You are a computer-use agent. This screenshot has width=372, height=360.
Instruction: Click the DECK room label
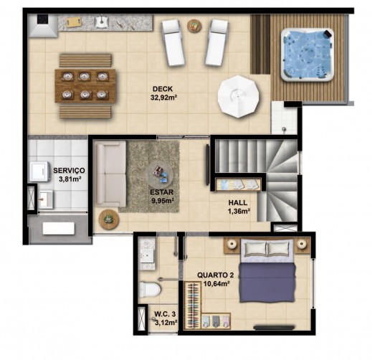[163, 89]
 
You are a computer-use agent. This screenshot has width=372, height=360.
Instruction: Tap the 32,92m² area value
[163, 98]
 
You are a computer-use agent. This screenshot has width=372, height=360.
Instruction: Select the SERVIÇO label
[69, 171]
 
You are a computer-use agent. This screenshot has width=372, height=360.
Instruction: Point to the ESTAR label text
[161, 192]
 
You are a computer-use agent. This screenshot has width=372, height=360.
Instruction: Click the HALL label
[238, 203]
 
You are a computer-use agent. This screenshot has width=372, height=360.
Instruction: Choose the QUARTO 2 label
[216, 275]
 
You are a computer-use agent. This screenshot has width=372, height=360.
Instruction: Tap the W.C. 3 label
[165, 314]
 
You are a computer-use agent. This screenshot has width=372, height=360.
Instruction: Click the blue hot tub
[307, 55]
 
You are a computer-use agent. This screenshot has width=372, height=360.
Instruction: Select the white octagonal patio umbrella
[238, 96]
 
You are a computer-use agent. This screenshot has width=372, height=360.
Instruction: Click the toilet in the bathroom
[150, 289]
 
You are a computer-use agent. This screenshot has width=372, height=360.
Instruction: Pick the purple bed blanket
[267, 283]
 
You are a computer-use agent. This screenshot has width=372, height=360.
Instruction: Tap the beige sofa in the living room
[110, 174]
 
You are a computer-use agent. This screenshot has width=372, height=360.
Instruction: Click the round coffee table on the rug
[160, 175]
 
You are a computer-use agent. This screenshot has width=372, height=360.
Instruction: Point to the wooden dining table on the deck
[85, 86]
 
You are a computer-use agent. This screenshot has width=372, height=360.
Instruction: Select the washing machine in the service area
[39, 171]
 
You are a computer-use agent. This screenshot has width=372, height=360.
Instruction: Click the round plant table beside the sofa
[109, 219]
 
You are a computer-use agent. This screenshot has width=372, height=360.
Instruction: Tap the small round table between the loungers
[194, 26]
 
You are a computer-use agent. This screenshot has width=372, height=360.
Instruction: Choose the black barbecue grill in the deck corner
[42, 19]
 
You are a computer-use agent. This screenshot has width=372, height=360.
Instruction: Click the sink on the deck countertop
[102, 22]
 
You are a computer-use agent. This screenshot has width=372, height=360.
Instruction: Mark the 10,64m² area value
[216, 284]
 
